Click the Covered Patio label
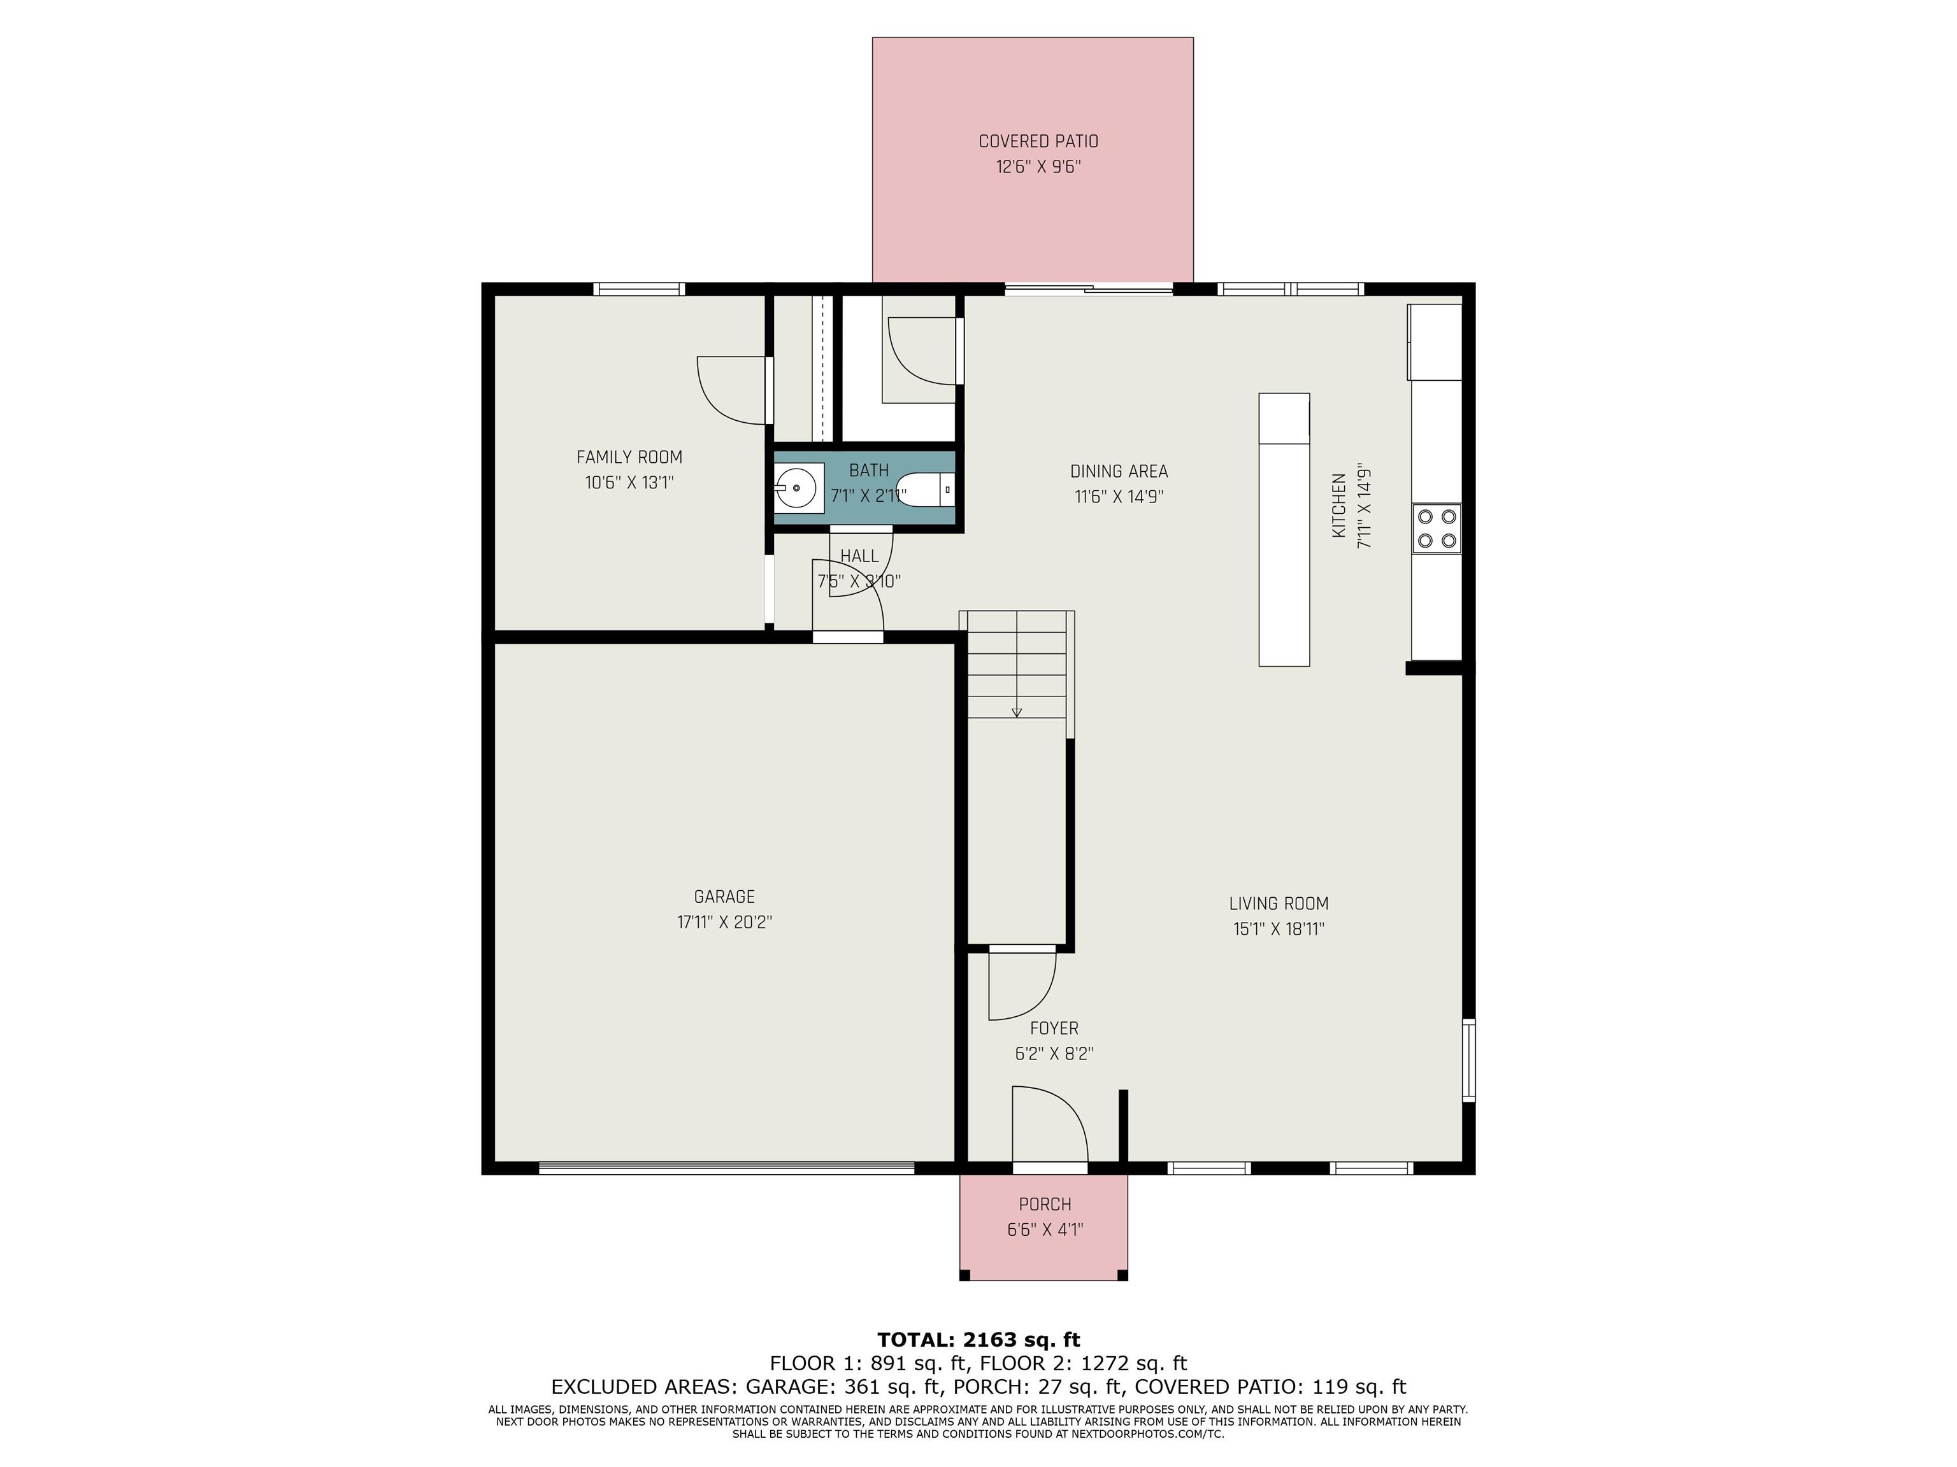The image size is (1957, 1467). [1038, 141]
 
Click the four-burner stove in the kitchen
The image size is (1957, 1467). [1436, 528]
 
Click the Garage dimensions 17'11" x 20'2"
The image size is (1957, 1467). [724, 923]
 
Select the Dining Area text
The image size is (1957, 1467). [1119, 471]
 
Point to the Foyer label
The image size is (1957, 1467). [1054, 1028]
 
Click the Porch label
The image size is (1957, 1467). [1045, 1205]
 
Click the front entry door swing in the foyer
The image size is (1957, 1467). [1050, 1123]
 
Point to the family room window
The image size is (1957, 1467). [639, 288]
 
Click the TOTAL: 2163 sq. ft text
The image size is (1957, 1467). [978, 1340]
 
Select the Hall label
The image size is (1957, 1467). [859, 556]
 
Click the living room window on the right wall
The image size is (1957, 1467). [1468, 1060]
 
